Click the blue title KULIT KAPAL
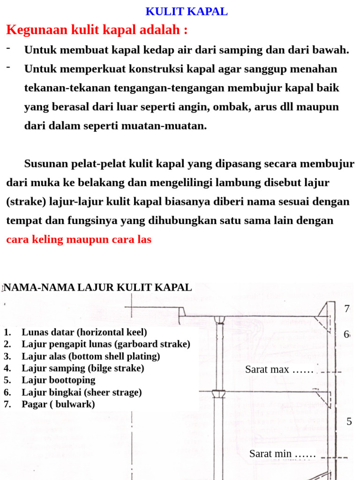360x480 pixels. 187,12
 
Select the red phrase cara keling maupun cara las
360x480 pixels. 79,240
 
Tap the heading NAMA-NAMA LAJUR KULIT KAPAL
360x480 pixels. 98,287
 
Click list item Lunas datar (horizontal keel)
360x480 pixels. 84,332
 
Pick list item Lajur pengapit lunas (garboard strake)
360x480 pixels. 106,345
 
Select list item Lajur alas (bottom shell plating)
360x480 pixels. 91,356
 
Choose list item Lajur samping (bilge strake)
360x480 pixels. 83,368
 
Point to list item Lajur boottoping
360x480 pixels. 59,380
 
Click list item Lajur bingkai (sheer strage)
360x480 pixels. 82,392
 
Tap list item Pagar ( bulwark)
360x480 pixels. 58,404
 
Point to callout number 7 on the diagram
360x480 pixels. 347,309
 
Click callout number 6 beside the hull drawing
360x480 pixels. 346,335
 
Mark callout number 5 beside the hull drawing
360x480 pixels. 349,421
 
